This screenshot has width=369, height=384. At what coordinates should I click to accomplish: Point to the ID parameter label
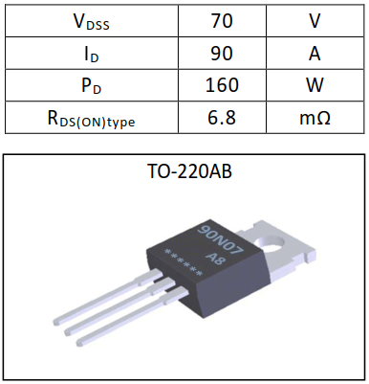[x=89, y=53]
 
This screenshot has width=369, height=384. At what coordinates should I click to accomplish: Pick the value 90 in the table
[x=221, y=53]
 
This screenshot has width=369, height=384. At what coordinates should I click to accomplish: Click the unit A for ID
[x=315, y=53]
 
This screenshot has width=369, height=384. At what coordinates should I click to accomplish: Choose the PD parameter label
[x=89, y=85]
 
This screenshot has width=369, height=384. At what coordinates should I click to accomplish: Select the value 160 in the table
[x=221, y=85]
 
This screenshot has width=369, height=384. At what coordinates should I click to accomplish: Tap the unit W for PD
[x=315, y=85]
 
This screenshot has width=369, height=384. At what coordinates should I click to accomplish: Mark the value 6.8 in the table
[x=221, y=118]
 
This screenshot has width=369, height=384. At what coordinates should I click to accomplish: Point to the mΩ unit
[x=315, y=118]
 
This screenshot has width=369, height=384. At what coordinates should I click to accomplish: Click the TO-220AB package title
[x=184, y=174]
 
